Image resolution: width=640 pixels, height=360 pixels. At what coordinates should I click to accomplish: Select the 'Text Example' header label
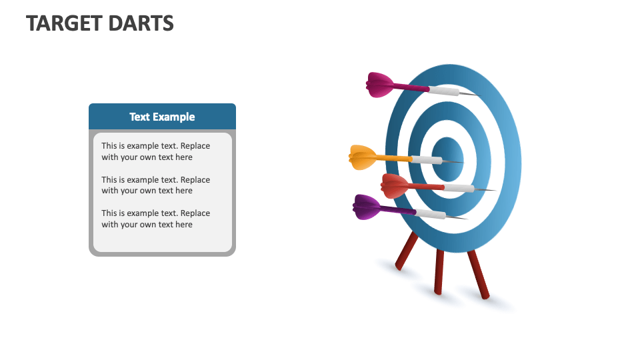coord(162,117)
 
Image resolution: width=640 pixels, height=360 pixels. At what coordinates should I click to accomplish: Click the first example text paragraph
coord(155,151)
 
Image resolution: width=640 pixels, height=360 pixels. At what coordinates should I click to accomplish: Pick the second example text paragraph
coord(155,185)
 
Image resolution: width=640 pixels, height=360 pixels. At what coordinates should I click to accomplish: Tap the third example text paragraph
coord(155,219)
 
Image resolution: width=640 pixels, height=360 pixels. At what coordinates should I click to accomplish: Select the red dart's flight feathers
coord(395,185)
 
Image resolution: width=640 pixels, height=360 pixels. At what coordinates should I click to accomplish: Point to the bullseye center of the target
coord(447,159)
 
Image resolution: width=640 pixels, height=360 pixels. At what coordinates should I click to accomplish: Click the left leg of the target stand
coord(407,252)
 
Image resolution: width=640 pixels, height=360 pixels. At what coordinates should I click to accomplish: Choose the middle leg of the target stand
coord(439,271)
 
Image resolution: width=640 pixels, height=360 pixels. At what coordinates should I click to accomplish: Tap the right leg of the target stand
coord(478,273)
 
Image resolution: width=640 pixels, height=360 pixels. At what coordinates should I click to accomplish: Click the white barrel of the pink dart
coord(444,91)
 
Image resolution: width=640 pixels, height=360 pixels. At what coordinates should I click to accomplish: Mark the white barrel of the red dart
coord(459,189)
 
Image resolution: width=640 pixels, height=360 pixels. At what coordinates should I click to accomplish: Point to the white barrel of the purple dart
coord(431,214)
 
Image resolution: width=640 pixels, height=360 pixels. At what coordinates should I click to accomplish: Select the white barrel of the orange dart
coord(426,160)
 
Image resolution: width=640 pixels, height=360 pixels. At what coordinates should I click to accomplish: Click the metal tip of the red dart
coord(486,191)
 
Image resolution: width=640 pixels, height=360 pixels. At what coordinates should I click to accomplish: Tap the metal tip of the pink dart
coord(469,94)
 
